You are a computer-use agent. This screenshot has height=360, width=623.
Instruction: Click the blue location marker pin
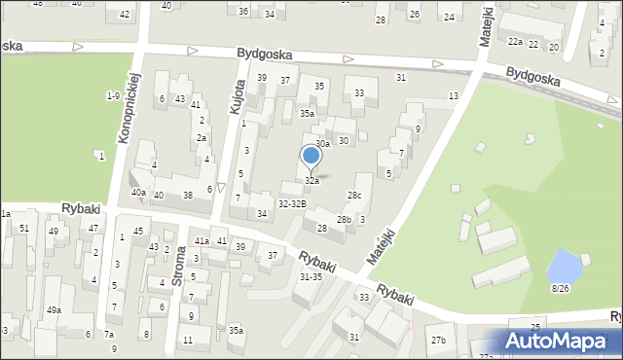311,157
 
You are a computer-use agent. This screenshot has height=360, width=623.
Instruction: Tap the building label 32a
311,181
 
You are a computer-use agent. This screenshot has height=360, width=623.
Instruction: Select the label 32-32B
292,203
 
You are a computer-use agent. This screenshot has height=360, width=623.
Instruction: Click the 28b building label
344,220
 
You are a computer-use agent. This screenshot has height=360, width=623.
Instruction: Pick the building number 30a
322,143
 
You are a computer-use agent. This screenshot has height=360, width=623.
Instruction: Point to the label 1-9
113,95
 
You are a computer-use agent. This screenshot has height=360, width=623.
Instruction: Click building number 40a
138,193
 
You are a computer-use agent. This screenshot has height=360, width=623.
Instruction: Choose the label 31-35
311,276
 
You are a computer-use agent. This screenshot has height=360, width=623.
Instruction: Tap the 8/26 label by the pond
560,288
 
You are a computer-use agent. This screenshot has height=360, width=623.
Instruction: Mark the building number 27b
439,340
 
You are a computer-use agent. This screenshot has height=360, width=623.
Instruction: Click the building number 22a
515,42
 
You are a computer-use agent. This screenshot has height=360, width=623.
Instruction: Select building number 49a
55,310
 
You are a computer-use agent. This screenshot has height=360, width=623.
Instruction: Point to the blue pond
563,265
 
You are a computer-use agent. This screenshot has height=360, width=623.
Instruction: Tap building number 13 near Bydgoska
453,95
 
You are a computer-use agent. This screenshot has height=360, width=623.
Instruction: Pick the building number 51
23,228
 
